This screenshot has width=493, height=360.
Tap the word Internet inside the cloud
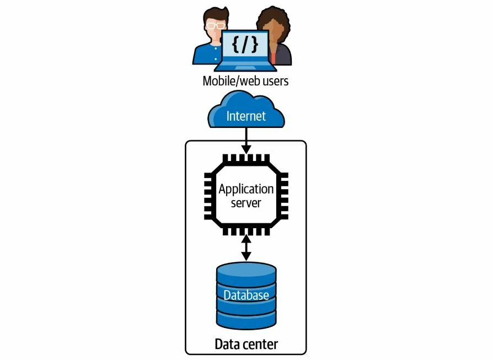click(246, 116)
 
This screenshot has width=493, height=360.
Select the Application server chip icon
click(246, 196)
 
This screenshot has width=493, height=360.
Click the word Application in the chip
click(246, 190)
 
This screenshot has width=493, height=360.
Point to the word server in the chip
click(246, 203)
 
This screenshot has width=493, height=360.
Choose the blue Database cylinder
click(246, 295)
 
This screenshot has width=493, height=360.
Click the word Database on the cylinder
click(246, 295)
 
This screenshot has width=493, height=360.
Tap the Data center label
click(246, 345)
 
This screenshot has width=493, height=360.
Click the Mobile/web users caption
click(245, 81)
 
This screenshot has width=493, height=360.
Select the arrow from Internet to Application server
click(246, 142)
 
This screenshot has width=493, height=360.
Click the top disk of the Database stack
click(246, 271)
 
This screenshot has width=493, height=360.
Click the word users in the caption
click(274, 81)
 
